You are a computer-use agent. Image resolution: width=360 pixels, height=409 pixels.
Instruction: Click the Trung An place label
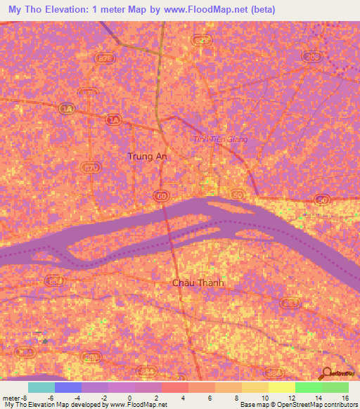click(x=146, y=156)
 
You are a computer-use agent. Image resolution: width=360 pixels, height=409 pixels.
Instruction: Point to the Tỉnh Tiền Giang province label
click(x=220, y=139)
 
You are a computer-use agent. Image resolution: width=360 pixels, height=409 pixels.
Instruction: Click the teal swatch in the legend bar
click(x=41, y=387)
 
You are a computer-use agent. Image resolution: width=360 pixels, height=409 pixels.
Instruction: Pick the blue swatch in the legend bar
click(x=67, y=387)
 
